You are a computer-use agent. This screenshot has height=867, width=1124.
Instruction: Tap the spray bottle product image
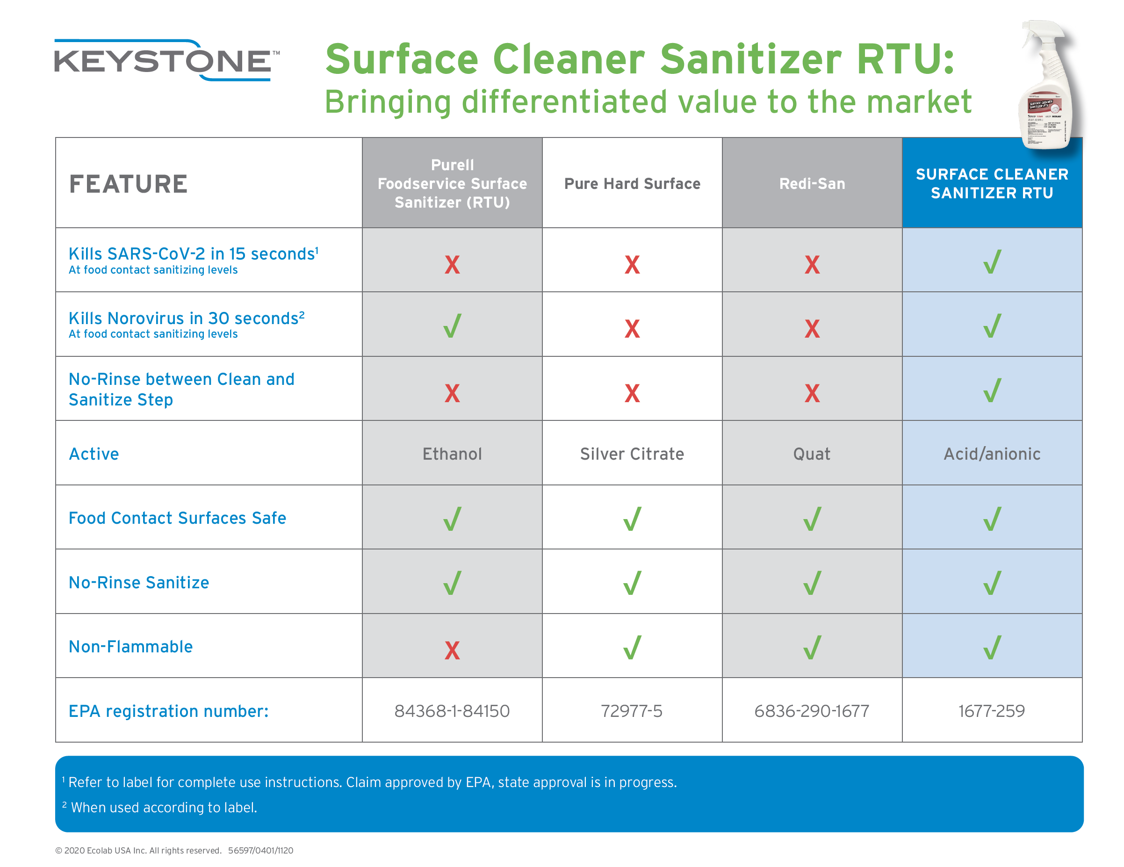coord(1047,85)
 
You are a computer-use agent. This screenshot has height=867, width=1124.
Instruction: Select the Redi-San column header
coord(812,184)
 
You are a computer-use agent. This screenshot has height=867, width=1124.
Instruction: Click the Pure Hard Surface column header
coord(632,184)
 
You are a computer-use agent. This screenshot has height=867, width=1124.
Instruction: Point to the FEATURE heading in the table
coord(129,184)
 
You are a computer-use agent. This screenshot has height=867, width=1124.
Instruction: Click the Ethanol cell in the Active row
coord(452,454)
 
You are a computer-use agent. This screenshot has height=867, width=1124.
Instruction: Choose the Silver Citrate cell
coord(632,454)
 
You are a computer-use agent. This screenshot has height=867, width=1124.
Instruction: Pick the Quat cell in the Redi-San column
coord(812,454)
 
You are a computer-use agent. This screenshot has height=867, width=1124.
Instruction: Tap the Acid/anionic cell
coord(992,454)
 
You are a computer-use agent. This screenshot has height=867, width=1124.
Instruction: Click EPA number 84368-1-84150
coord(452,711)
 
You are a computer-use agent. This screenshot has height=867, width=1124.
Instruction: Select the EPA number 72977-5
coord(632,711)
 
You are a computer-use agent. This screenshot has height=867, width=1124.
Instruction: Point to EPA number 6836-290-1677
coord(812,711)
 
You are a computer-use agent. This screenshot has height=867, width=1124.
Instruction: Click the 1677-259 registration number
coord(992,711)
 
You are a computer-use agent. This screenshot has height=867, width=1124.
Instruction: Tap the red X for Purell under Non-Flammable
coord(452,650)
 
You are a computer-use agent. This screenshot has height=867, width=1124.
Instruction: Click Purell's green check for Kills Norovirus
coord(452,326)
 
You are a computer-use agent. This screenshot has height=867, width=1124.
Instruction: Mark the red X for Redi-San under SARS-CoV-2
coord(812,265)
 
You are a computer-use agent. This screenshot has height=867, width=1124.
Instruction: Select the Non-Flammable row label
coord(131,647)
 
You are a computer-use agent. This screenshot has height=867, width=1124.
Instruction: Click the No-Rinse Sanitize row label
coord(139,582)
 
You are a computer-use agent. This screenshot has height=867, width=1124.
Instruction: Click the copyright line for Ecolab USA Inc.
coord(174,851)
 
